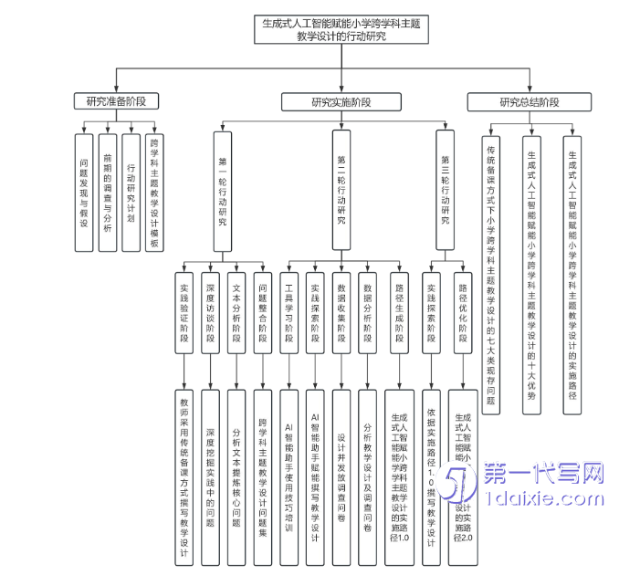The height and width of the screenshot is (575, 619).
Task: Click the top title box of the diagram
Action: coord(334,29)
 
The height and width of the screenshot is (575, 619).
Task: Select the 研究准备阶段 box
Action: coord(116,101)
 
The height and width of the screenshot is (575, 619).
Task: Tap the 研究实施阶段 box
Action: coord(341,101)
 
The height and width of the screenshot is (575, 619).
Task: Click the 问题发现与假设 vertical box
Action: coord(83,192)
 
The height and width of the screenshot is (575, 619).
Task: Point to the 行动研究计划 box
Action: coord(131,192)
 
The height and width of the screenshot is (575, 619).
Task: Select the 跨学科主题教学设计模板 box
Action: coord(154,192)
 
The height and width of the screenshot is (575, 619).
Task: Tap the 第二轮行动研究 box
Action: coord(341,191)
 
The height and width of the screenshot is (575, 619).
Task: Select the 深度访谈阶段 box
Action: coord(210,311)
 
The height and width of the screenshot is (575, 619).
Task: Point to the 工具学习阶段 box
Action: coord(289,311)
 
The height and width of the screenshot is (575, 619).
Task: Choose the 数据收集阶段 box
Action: coord(341,311)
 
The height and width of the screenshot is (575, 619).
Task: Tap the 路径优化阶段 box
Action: coord(463,311)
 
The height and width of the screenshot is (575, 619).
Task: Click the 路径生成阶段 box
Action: coord(399,311)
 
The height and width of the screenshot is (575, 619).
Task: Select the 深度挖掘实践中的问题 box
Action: coord(210,475)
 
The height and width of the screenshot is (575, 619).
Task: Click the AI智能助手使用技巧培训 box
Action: coord(289,475)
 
